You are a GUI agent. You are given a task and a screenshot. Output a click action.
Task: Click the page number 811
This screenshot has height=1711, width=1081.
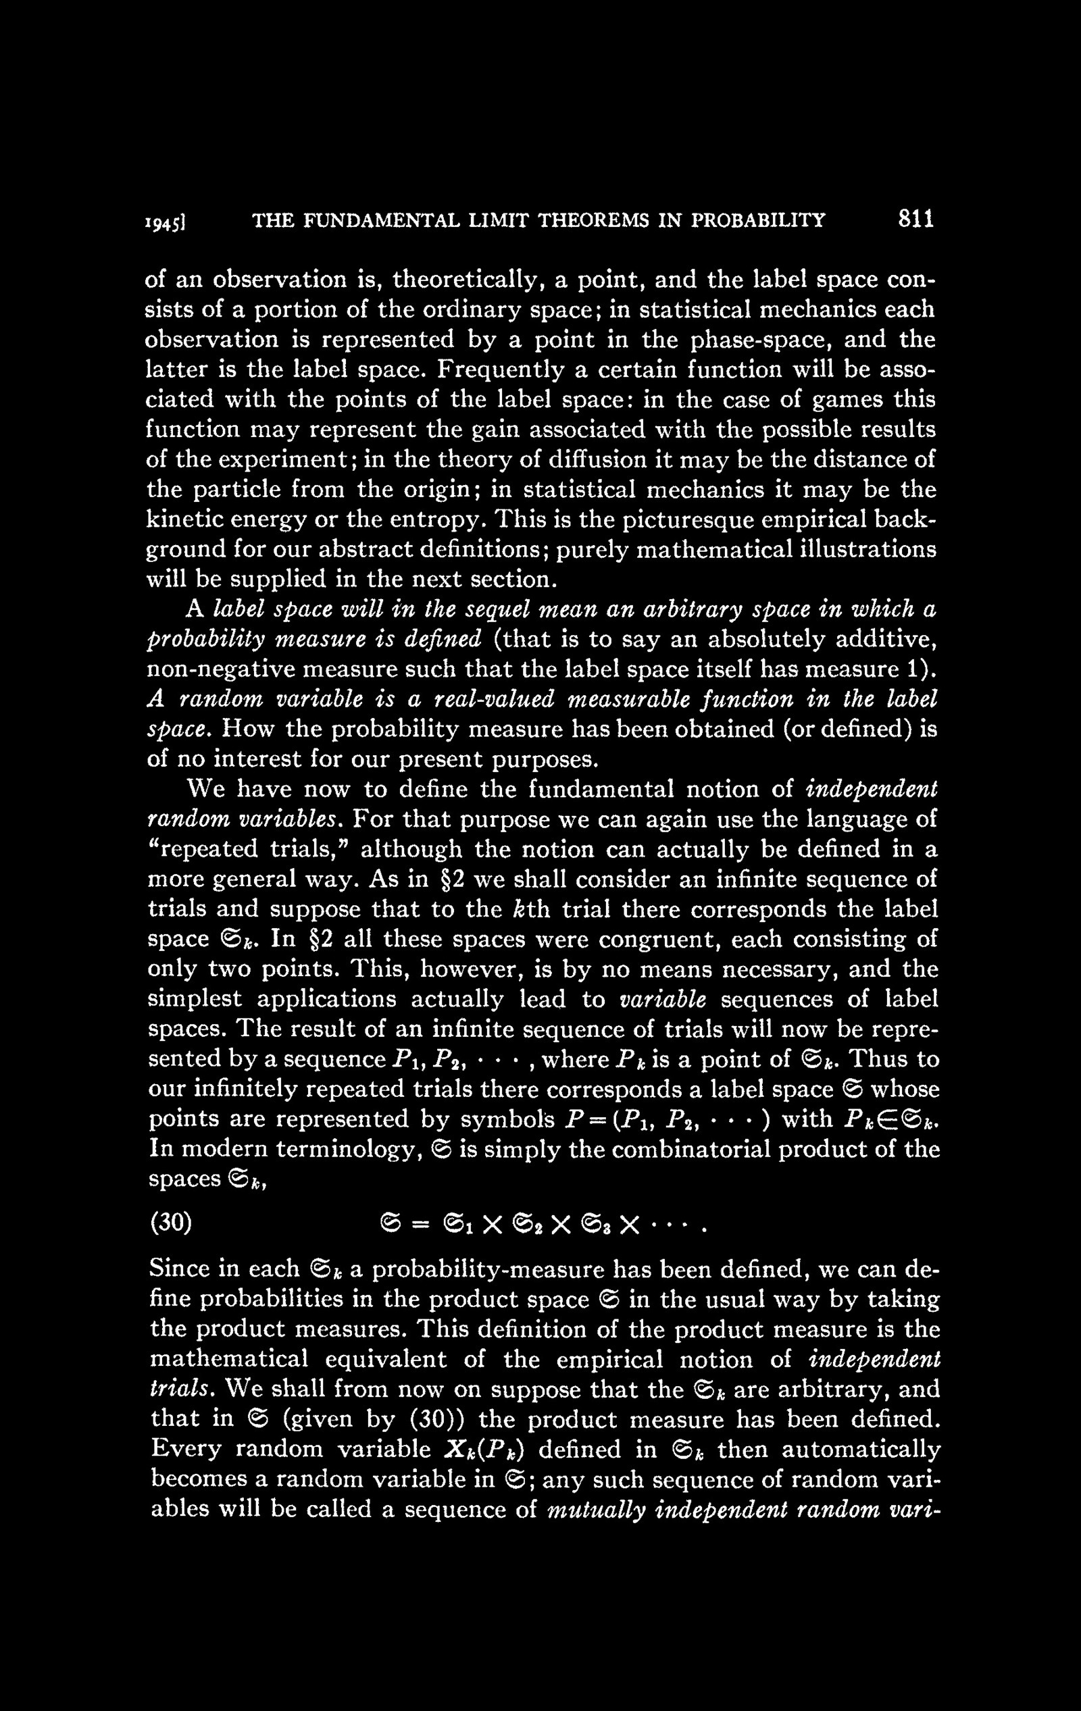pos(915,219)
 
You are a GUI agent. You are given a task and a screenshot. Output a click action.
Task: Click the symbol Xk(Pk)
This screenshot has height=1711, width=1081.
pos(485,1450)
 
